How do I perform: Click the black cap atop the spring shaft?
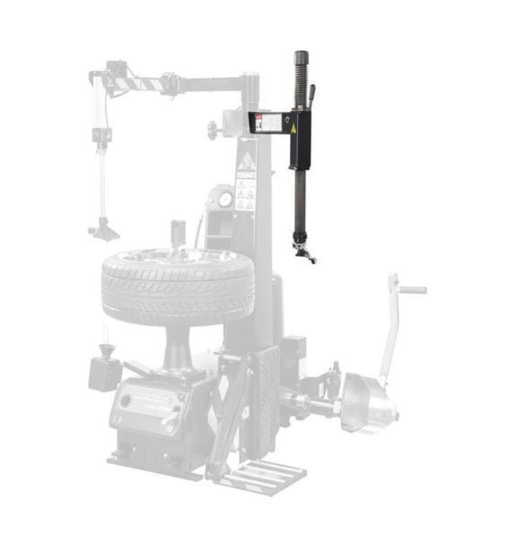[301, 58]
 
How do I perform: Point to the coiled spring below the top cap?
[299, 87]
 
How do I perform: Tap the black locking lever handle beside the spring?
[312, 96]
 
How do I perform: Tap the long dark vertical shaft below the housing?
[299, 203]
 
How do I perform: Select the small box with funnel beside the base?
[105, 370]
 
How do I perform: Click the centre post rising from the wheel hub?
[177, 236]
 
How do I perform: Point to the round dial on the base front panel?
[126, 400]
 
